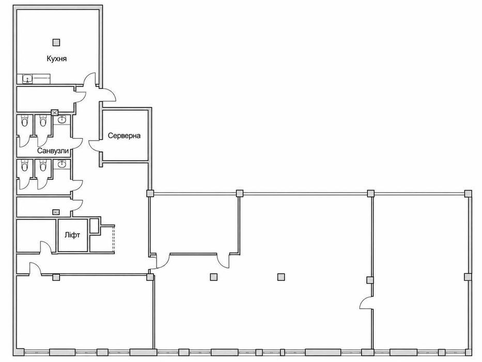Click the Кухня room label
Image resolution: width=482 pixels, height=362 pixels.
tap(56, 58)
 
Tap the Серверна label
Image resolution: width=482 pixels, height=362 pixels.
tap(124, 135)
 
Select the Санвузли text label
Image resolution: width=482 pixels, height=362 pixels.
tap(53, 151)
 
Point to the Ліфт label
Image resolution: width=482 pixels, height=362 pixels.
tap(72, 235)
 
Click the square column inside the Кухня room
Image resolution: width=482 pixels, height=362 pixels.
tap(56, 42)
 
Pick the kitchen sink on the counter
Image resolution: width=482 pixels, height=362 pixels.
tap(28, 79)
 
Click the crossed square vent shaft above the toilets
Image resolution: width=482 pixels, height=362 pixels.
tap(55, 113)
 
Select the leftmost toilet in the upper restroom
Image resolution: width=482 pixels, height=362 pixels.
tap(24, 121)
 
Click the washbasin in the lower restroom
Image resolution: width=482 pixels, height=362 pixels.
tap(62, 164)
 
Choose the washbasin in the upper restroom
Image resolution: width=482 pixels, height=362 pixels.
tap(62, 119)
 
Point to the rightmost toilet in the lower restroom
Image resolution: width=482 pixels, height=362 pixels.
tap(43, 165)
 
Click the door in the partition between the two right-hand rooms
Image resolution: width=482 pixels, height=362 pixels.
tap(365, 303)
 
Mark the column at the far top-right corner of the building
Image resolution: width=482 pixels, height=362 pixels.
tap(468, 194)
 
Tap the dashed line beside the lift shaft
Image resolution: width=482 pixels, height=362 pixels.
tap(114, 239)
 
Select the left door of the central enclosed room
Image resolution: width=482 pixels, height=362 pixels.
tap(163, 261)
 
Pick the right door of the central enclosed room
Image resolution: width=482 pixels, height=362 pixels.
tap(223, 261)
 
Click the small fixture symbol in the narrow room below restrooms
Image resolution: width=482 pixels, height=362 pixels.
tap(56, 212)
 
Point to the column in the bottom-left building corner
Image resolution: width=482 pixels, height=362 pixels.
tap(20, 352)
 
